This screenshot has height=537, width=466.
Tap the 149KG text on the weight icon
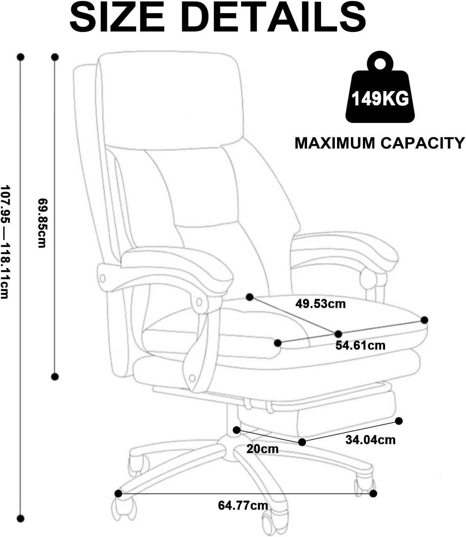coord(380,99)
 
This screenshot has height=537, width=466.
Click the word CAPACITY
coord(423,143)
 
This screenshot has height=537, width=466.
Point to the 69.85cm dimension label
coord(42,223)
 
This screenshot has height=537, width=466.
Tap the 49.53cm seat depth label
coord(321,304)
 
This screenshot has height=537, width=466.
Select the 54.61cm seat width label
coord(360,345)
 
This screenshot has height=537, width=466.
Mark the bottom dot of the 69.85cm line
coord(55,377)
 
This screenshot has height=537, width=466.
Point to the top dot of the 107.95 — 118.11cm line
coord(21,57)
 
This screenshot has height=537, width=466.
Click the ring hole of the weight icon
coord(380,64)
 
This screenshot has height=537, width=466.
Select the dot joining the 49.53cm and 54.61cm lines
coord(338,334)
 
